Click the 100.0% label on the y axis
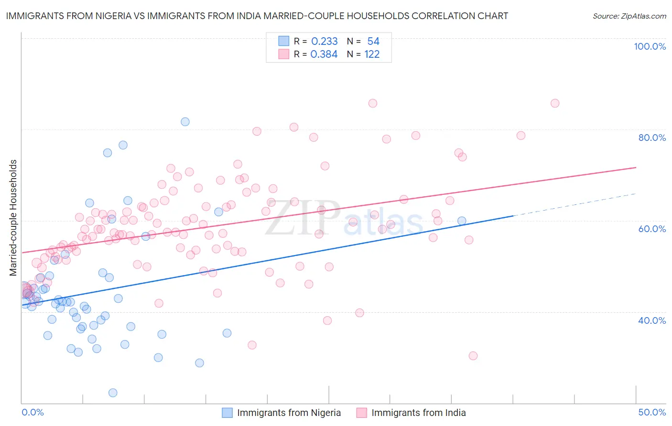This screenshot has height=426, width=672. tap(650, 46)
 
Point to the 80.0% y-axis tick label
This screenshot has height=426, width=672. tap(652, 138)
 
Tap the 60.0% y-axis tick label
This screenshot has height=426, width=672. tap(652, 229)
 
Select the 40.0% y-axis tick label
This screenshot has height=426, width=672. tap(652, 320)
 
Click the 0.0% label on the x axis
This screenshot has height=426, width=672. tap(33, 412)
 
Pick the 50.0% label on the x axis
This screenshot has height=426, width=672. tap(652, 412)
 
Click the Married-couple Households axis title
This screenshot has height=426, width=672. tap(13, 218)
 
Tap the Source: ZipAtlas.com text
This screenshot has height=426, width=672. tap(629, 16)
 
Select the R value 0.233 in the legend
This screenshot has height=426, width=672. tap(324, 42)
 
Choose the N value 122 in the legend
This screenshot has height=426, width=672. tap(372, 54)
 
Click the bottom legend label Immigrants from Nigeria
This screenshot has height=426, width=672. tap(289, 413)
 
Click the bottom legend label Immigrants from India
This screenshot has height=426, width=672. tap(418, 413)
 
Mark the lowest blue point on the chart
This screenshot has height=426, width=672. tap(113, 393)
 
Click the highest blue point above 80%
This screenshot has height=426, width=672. tap(185, 122)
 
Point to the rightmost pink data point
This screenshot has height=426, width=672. tap(555, 103)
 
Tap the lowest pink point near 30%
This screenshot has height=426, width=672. tap(473, 356)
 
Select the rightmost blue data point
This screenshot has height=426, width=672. tap(462, 221)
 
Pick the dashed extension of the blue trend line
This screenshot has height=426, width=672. tap(574, 204)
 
